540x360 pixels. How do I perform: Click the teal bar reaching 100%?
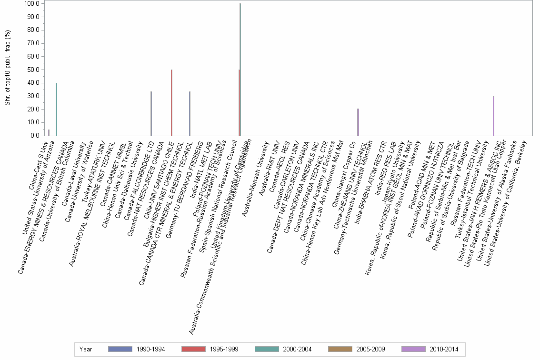[240, 70]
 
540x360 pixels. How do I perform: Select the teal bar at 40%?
[56, 109]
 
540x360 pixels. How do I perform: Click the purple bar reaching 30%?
[493, 116]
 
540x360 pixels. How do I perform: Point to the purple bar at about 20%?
[358, 122]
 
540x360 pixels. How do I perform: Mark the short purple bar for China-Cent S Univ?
[49, 132]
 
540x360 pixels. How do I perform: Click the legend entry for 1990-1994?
[136, 349]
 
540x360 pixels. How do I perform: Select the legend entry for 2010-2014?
[430, 349]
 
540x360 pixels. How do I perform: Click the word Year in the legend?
[86, 349]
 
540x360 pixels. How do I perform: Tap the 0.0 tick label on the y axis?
[35, 136]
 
